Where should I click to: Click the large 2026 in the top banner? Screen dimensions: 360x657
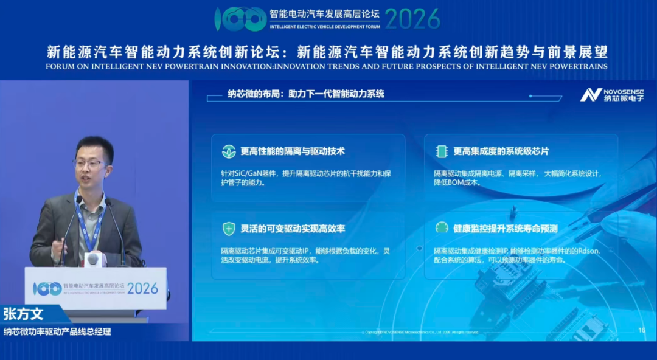click(412, 19)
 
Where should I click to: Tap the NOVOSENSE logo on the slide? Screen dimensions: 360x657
click(611, 94)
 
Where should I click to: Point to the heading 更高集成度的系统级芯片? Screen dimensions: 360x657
click(501, 151)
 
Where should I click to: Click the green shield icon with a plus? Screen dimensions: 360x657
click(229, 229)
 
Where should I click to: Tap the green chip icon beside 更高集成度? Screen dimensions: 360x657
click(442, 151)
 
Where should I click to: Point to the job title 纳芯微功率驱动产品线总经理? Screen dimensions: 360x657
click(57, 332)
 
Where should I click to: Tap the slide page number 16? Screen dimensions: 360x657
click(641, 330)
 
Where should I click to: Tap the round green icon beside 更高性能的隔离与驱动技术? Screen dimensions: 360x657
click(229, 151)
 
